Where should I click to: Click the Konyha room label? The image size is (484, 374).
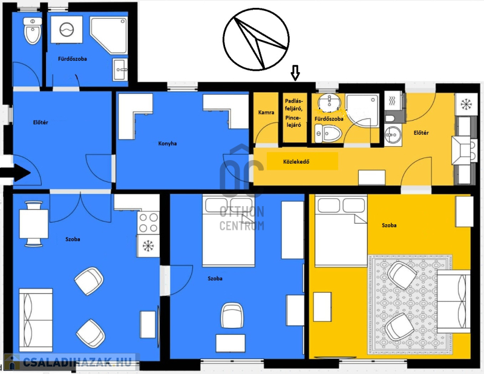[168, 144]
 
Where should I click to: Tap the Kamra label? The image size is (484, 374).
[266, 112]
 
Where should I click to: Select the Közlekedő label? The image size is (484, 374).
[296, 161]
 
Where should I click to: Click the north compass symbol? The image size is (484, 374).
[256, 39]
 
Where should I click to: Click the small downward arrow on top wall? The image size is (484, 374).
[295, 73]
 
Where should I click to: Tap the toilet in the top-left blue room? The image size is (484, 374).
[33, 31]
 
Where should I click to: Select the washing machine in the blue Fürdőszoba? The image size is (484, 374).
[67, 30]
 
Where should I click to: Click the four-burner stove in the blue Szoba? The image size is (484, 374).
[148, 222]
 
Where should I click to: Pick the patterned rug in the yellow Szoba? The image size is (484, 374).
[411, 304]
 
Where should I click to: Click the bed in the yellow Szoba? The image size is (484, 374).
[341, 231]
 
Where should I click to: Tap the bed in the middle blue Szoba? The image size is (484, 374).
[229, 230]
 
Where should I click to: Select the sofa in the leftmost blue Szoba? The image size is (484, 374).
[36, 320]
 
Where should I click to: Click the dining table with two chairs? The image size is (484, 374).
[34, 224]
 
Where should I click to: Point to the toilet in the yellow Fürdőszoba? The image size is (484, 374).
[328, 133]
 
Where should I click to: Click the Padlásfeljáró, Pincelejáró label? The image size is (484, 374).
[293, 113]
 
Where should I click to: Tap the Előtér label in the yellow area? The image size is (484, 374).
[421, 133]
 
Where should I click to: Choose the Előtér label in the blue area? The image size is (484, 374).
[41, 122]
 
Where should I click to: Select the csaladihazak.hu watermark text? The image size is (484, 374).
[77, 362]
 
